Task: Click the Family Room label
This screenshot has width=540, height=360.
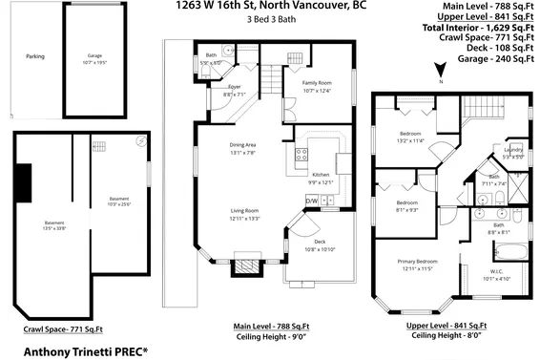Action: coord(318,83)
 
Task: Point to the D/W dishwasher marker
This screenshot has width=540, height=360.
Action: coord(311,201)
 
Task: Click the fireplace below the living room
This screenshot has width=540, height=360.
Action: coord(245,265)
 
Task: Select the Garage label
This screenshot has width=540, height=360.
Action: coord(94,56)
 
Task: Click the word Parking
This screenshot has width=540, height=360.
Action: coord(35,56)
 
